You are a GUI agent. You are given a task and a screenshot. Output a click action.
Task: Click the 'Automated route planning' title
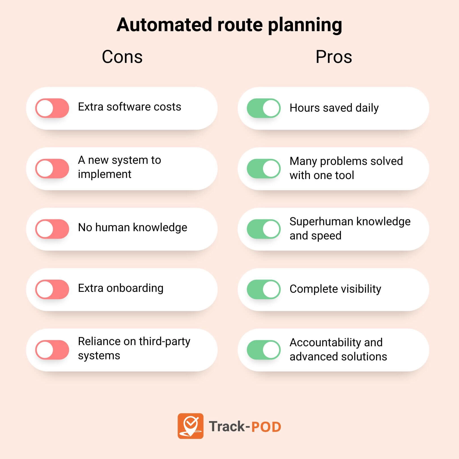pyautogui.click(x=229, y=25)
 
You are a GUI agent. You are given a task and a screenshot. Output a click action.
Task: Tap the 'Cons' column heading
pyautogui.click(x=122, y=57)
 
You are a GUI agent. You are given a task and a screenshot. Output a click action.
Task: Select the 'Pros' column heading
pyautogui.click(x=334, y=57)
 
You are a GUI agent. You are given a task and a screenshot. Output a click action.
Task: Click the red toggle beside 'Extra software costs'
pyautogui.click(x=52, y=108)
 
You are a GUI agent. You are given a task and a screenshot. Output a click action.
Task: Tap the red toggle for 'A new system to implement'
pyautogui.click(x=52, y=169)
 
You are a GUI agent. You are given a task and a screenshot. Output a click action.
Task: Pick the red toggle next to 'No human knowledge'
pyautogui.click(x=52, y=229)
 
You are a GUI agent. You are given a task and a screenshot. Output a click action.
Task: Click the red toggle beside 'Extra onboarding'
pyautogui.click(x=52, y=289)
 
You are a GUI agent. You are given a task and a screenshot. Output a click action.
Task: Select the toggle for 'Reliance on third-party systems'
pyautogui.click(x=52, y=350)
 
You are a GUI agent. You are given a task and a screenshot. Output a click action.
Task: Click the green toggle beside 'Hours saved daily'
pyautogui.click(x=264, y=108)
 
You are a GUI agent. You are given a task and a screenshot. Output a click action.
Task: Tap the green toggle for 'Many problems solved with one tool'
pyautogui.click(x=264, y=169)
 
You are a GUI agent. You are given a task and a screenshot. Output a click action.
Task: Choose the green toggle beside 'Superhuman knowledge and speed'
pyautogui.click(x=264, y=229)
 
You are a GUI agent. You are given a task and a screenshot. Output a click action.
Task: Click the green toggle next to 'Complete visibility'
pyautogui.click(x=264, y=289)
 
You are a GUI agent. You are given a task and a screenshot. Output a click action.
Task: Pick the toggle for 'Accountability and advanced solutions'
pyautogui.click(x=264, y=350)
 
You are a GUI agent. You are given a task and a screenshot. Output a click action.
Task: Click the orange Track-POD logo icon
pyautogui.click(x=190, y=426)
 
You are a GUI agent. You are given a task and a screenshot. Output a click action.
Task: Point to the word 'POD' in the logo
pyautogui.click(x=266, y=427)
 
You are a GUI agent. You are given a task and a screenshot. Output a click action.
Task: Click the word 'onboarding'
pyautogui.click(x=135, y=288)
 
